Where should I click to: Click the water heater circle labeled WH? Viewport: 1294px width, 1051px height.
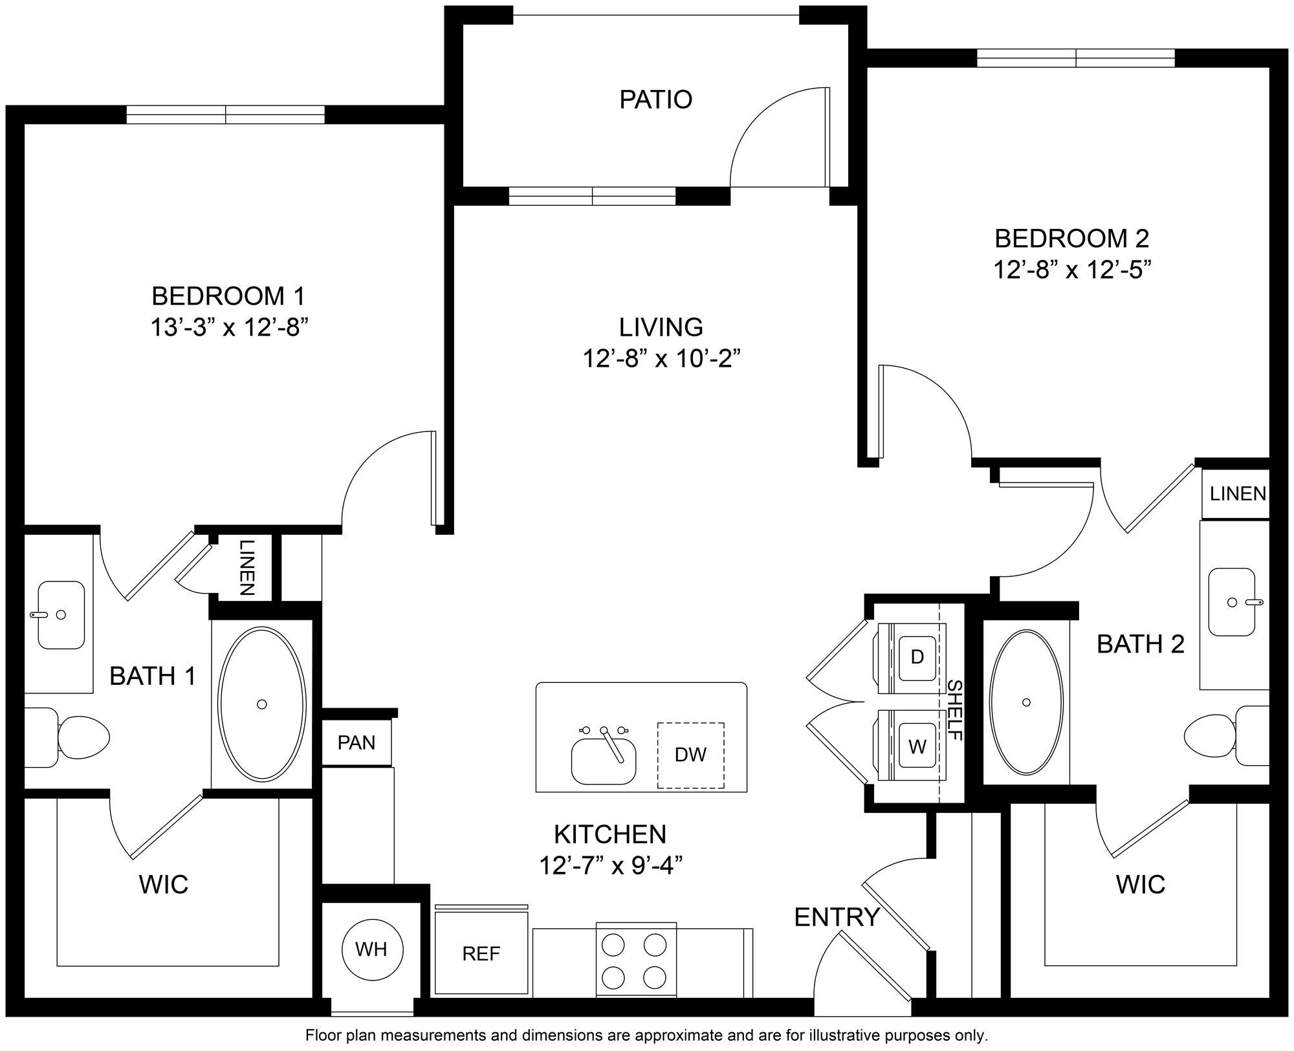372,949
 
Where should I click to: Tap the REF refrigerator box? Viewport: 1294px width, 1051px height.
481,953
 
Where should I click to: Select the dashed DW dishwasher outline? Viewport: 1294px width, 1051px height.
690,755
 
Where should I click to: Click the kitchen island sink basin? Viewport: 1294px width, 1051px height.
604,761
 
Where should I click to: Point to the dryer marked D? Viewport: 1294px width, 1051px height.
917,657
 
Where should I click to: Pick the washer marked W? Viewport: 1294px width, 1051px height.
917,747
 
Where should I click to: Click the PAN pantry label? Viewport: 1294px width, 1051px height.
356,742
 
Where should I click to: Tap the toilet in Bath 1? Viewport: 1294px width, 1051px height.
78,737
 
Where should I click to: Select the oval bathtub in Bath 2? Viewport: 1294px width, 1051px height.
1026,702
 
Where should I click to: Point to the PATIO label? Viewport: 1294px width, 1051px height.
655,100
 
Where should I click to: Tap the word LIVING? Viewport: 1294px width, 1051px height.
661,327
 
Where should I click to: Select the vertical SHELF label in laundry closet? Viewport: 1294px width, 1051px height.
955,710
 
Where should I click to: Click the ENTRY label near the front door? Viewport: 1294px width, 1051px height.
837,917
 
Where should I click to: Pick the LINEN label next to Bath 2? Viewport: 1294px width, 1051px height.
1238,493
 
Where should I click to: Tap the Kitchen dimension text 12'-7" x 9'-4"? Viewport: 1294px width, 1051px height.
611,865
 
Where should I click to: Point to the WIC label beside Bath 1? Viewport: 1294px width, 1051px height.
164,883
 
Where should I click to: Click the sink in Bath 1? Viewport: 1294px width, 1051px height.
61,614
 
